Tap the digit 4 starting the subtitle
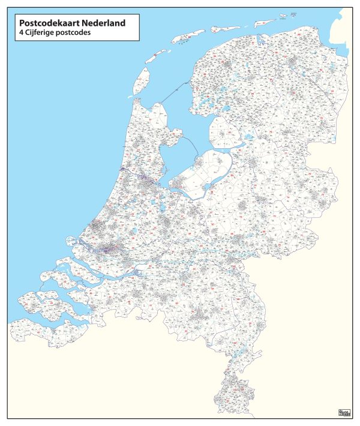point(22,33)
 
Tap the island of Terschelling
point(186,37)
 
